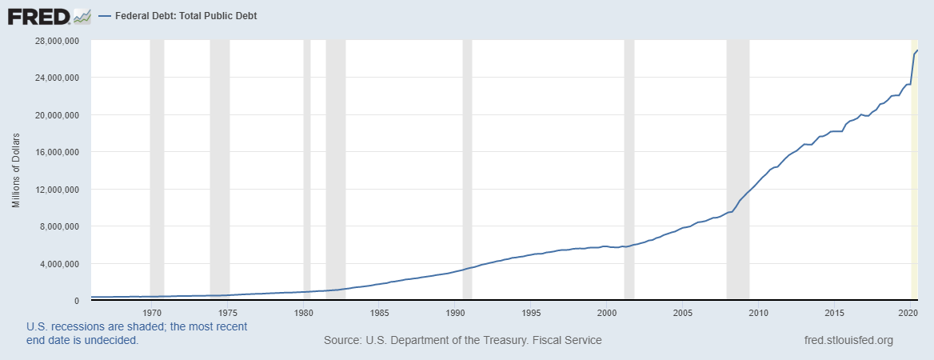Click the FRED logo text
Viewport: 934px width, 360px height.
pos(38,15)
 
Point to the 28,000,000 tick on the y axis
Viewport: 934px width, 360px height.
pos(55,41)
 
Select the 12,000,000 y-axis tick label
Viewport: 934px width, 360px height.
pos(55,190)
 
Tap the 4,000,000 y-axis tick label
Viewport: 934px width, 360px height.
pos(58,264)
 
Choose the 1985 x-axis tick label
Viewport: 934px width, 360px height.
pos(380,312)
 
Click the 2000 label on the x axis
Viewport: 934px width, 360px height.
pos(608,312)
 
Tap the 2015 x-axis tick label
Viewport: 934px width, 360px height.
pos(835,312)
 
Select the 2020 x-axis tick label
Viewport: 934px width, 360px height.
pos(907,312)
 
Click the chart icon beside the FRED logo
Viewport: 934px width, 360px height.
pos(82,15)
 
